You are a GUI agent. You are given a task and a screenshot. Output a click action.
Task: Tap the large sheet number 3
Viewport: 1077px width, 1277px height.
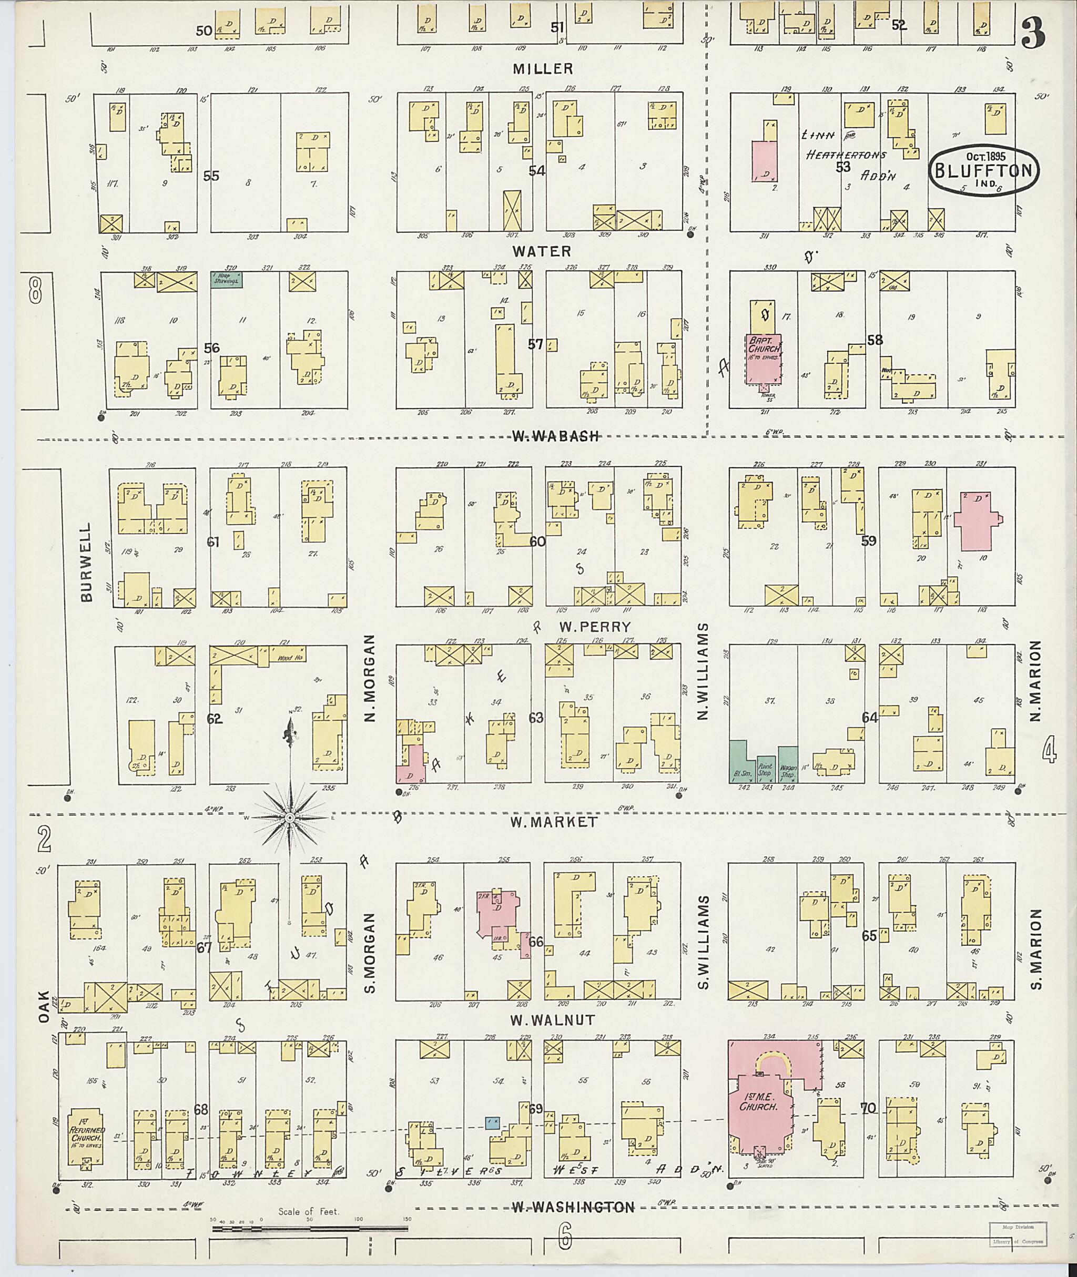[1033, 34]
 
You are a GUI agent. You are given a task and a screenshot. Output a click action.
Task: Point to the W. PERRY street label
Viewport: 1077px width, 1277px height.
[585, 627]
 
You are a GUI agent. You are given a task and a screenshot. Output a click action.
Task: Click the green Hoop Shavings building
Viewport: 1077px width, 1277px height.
[227, 280]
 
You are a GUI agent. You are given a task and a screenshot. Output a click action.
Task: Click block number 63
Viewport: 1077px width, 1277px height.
[535, 718]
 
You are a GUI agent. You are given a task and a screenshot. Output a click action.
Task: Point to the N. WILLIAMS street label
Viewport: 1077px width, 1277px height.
[703, 671]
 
